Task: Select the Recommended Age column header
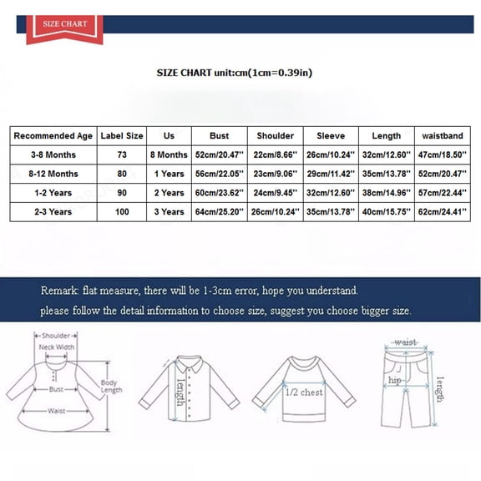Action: click(x=52, y=135)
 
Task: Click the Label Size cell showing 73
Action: click(x=122, y=154)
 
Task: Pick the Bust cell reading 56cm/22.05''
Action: click(x=219, y=174)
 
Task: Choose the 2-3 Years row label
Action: click(x=52, y=212)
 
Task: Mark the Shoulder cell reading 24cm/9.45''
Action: click(x=275, y=193)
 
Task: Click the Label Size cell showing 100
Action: click(x=122, y=212)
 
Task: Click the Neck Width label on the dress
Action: click(x=54, y=347)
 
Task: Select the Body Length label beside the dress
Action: click(x=110, y=387)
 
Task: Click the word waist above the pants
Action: click(x=406, y=342)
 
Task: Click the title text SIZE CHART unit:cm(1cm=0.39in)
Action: click(x=235, y=73)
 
